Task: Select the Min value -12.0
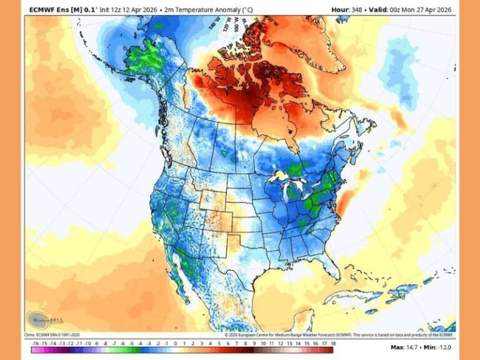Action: [x=445, y=346]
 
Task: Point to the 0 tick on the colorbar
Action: [x=176, y=343]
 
